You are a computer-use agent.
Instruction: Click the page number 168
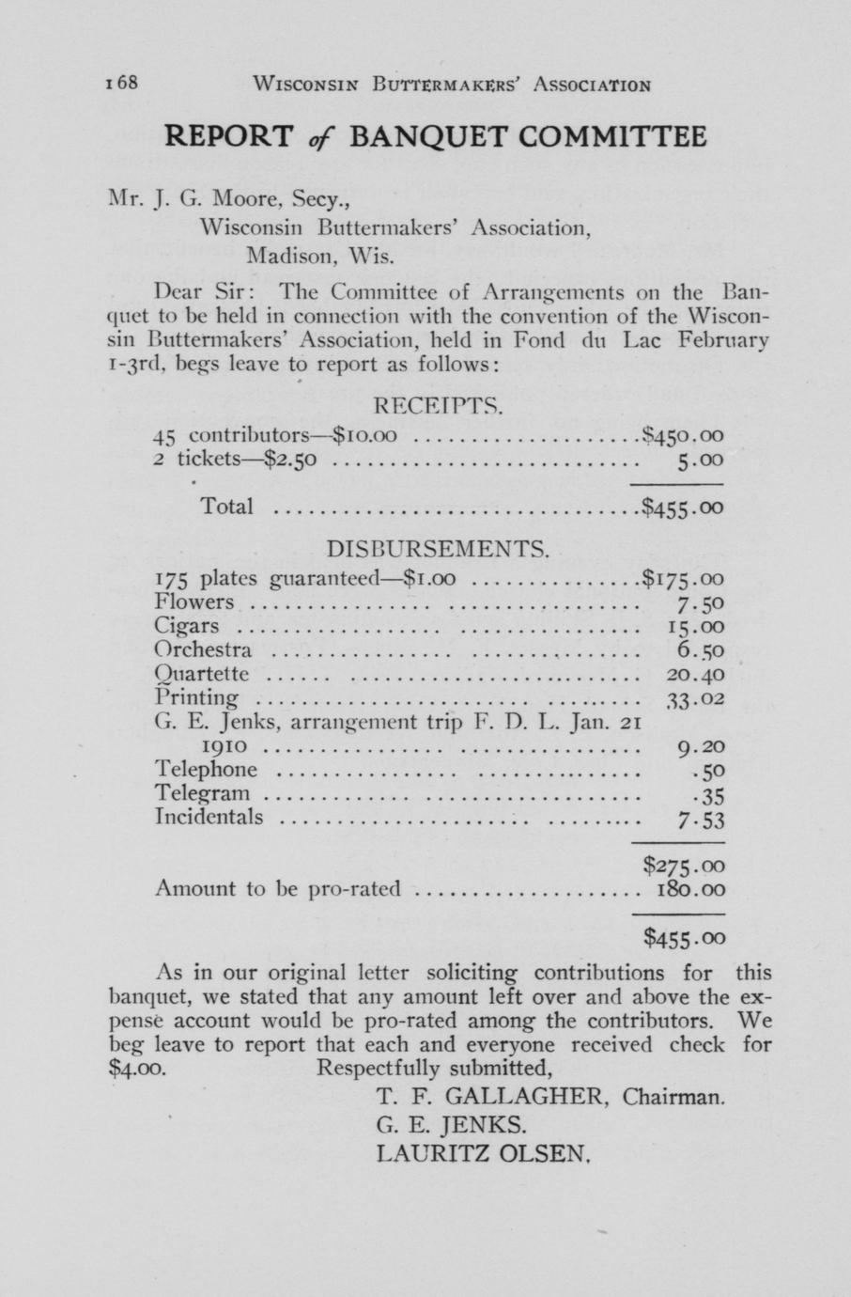[123, 83]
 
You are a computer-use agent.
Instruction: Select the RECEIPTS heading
[440, 407]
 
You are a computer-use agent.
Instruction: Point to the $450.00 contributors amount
[683, 436]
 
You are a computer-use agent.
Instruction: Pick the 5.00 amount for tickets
[700, 461]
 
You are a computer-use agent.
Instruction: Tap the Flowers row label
[194, 602]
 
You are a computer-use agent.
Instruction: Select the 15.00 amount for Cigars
[695, 627]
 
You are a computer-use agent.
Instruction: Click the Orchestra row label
[204, 650]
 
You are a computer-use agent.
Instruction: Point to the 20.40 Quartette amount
[695, 674]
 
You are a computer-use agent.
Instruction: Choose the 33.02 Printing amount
[695, 698]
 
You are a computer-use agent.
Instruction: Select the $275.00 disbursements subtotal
[684, 865]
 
